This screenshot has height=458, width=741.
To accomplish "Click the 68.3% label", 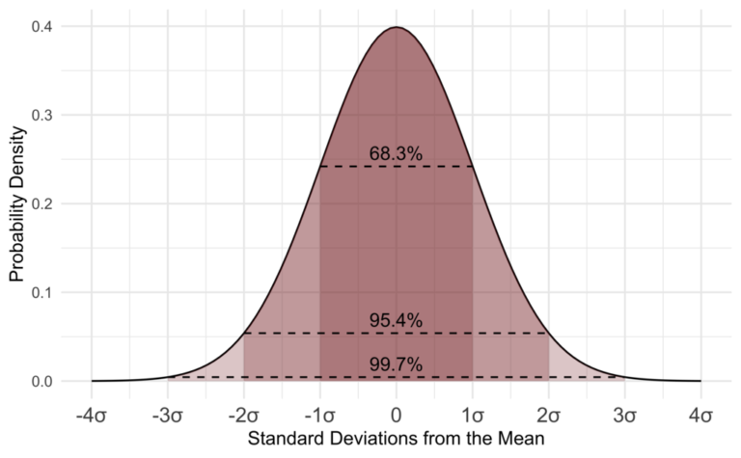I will (396, 154).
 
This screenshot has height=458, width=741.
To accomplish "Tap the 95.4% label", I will (396, 321).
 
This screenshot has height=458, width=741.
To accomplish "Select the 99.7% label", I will (396, 364).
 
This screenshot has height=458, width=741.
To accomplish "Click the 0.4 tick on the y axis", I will (41, 27).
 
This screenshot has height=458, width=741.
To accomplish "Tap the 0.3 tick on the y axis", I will (41, 116).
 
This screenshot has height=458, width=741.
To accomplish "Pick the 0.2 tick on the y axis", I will (41, 204).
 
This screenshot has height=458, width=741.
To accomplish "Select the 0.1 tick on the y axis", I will (41, 293).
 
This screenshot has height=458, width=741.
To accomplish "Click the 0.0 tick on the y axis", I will (41, 382).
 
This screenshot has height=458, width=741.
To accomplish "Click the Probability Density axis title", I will (15, 204).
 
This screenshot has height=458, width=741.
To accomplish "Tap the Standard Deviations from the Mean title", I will (397, 440).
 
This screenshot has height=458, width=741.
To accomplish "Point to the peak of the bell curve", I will (397, 27).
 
